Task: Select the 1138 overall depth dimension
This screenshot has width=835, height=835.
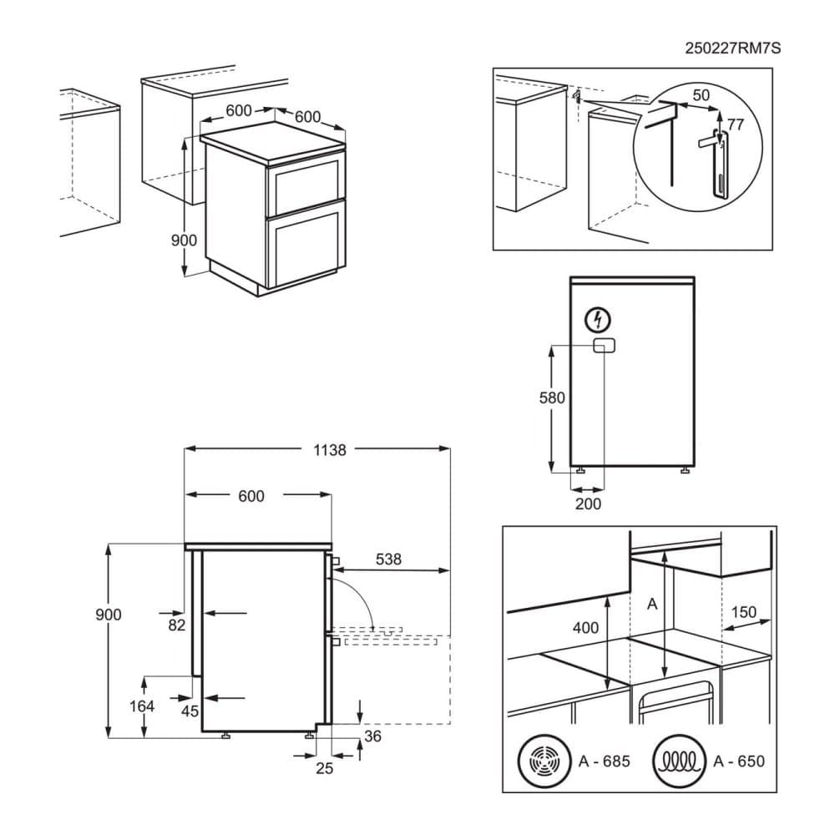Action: (330, 449)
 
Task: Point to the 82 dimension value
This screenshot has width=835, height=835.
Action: (175, 625)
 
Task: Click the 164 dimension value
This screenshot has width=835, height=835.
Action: (143, 706)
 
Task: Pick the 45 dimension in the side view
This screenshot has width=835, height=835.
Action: (190, 711)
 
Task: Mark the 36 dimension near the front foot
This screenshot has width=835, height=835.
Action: (373, 736)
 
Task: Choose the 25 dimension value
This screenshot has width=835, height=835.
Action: (324, 768)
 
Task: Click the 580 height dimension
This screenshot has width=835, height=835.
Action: (553, 397)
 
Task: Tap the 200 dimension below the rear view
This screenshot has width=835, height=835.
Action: (588, 504)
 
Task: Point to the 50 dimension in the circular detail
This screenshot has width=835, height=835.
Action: (701, 95)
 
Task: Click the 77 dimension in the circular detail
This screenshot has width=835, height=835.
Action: (735, 124)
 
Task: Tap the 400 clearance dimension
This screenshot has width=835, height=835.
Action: (585, 627)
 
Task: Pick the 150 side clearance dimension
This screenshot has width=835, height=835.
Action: (743, 612)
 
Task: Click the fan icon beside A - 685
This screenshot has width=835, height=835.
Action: (543, 762)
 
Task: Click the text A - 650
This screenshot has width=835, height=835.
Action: (739, 762)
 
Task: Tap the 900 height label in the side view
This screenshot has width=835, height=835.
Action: (108, 615)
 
